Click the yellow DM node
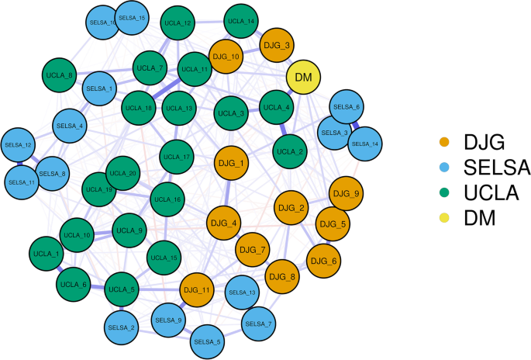(x=304, y=77)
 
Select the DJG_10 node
(x=226, y=57)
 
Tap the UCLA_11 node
(x=195, y=69)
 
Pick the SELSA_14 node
(x=364, y=144)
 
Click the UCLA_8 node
(x=60, y=75)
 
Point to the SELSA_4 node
(x=70, y=125)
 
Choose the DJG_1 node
(x=230, y=164)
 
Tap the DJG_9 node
(x=345, y=193)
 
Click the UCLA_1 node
(x=46, y=254)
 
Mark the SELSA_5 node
(x=207, y=341)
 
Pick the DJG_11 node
(x=197, y=290)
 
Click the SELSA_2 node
(x=122, y=327)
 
